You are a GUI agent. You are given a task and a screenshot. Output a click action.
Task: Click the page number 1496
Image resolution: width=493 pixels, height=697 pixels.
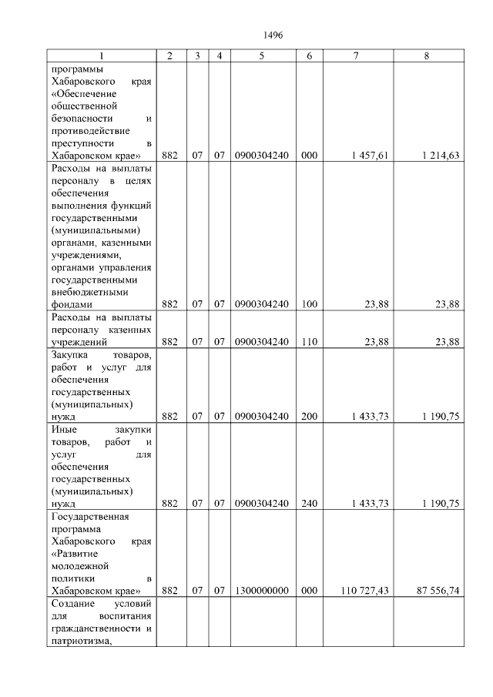pyautogui.click(x=273, y=35)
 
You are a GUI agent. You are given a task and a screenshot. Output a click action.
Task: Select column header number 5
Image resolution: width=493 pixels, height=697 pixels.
pyautogui.click(x=262, y=56)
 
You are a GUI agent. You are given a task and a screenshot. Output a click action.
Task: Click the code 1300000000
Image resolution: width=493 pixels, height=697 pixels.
pyautogui.click(x=262, y=591)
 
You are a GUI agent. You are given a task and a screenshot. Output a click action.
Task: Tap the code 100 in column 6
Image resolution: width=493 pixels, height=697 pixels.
pyautogui.click(x=309, y=304)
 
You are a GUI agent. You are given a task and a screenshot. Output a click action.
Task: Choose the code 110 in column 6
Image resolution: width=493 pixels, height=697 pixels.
pyautogui.click(x=309, y=342)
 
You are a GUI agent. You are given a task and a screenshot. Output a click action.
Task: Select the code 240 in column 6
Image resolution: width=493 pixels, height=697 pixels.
pyautogui.click(x=309, y=504)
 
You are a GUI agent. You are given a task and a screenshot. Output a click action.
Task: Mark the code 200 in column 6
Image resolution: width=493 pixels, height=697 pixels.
pyautogui.click(x=309, y=416)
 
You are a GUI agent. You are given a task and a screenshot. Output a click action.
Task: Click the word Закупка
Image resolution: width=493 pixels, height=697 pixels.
pyautogui.click(x=69, y=354)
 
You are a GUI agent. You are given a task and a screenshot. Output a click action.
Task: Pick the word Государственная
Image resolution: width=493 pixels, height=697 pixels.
pyautogui.click(x=89, y=516)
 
